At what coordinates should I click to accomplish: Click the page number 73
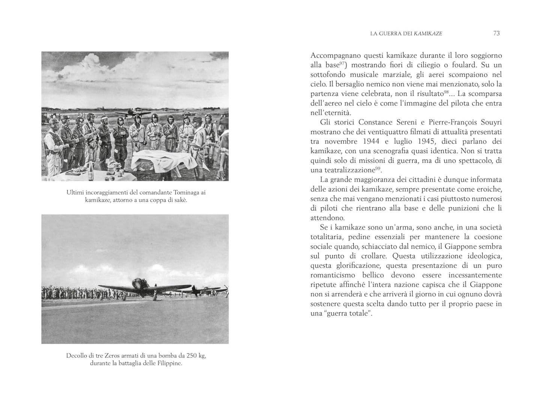pyautogui.click(x=496, y=33)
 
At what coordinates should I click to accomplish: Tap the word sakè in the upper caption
pyautogui.click(x=180, y=200)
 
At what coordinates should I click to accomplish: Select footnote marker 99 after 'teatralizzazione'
pyautogui.click(x=378, y=169)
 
